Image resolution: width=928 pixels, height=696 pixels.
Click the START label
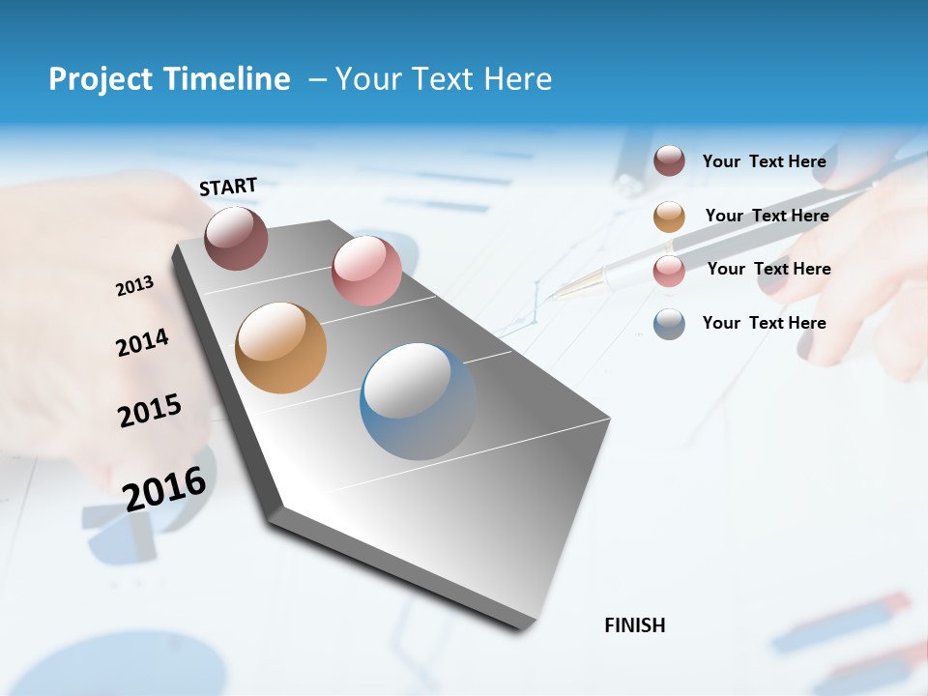click(228, 187)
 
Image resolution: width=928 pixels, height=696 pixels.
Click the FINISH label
click(635, 625)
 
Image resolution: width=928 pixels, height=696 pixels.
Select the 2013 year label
click(134, 286)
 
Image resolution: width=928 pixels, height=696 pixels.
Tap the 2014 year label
click(142, 343)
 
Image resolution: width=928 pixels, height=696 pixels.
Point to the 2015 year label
click(150, 411)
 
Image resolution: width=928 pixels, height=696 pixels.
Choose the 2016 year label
click(164, 488)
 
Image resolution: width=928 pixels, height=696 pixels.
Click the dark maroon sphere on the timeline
click(236, 238)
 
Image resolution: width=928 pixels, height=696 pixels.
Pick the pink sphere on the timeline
click(366, 271)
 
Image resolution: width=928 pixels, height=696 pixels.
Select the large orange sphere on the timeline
click(280, 348)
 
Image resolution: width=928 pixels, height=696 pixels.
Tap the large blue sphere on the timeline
click(418, 401)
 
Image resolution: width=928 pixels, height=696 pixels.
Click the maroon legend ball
click(669, 161)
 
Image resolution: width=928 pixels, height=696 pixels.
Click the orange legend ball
click(669, 217)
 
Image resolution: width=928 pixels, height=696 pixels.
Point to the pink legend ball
click(669, 271)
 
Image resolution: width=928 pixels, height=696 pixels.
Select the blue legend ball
click(669, 324)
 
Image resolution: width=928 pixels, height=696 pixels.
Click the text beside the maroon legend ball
click(764, 161)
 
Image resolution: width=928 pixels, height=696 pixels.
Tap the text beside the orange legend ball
click(767, 216)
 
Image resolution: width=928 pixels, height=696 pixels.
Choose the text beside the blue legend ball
click(764, 323)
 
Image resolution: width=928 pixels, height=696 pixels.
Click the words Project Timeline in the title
click(169, 79)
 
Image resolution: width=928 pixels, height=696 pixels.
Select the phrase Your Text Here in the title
click(444, 79)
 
